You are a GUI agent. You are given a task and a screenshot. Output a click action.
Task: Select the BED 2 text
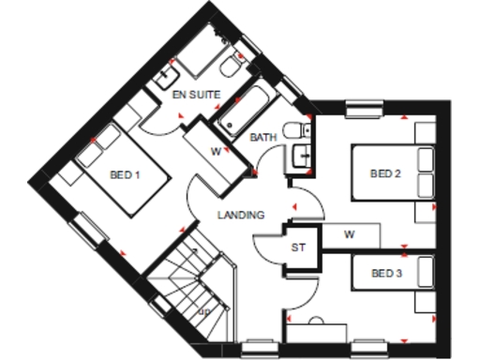[385, 172]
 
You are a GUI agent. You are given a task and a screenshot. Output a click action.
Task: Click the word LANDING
[241, 215]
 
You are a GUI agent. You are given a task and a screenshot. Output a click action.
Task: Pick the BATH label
[262, 138]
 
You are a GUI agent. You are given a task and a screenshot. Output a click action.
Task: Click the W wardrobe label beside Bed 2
[349, 233]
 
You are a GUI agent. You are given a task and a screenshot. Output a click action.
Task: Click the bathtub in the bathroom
[247, 111]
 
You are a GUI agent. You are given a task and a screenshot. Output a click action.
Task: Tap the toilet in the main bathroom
[298, 130]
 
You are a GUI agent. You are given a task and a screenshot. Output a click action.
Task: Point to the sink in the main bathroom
[301, 157]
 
